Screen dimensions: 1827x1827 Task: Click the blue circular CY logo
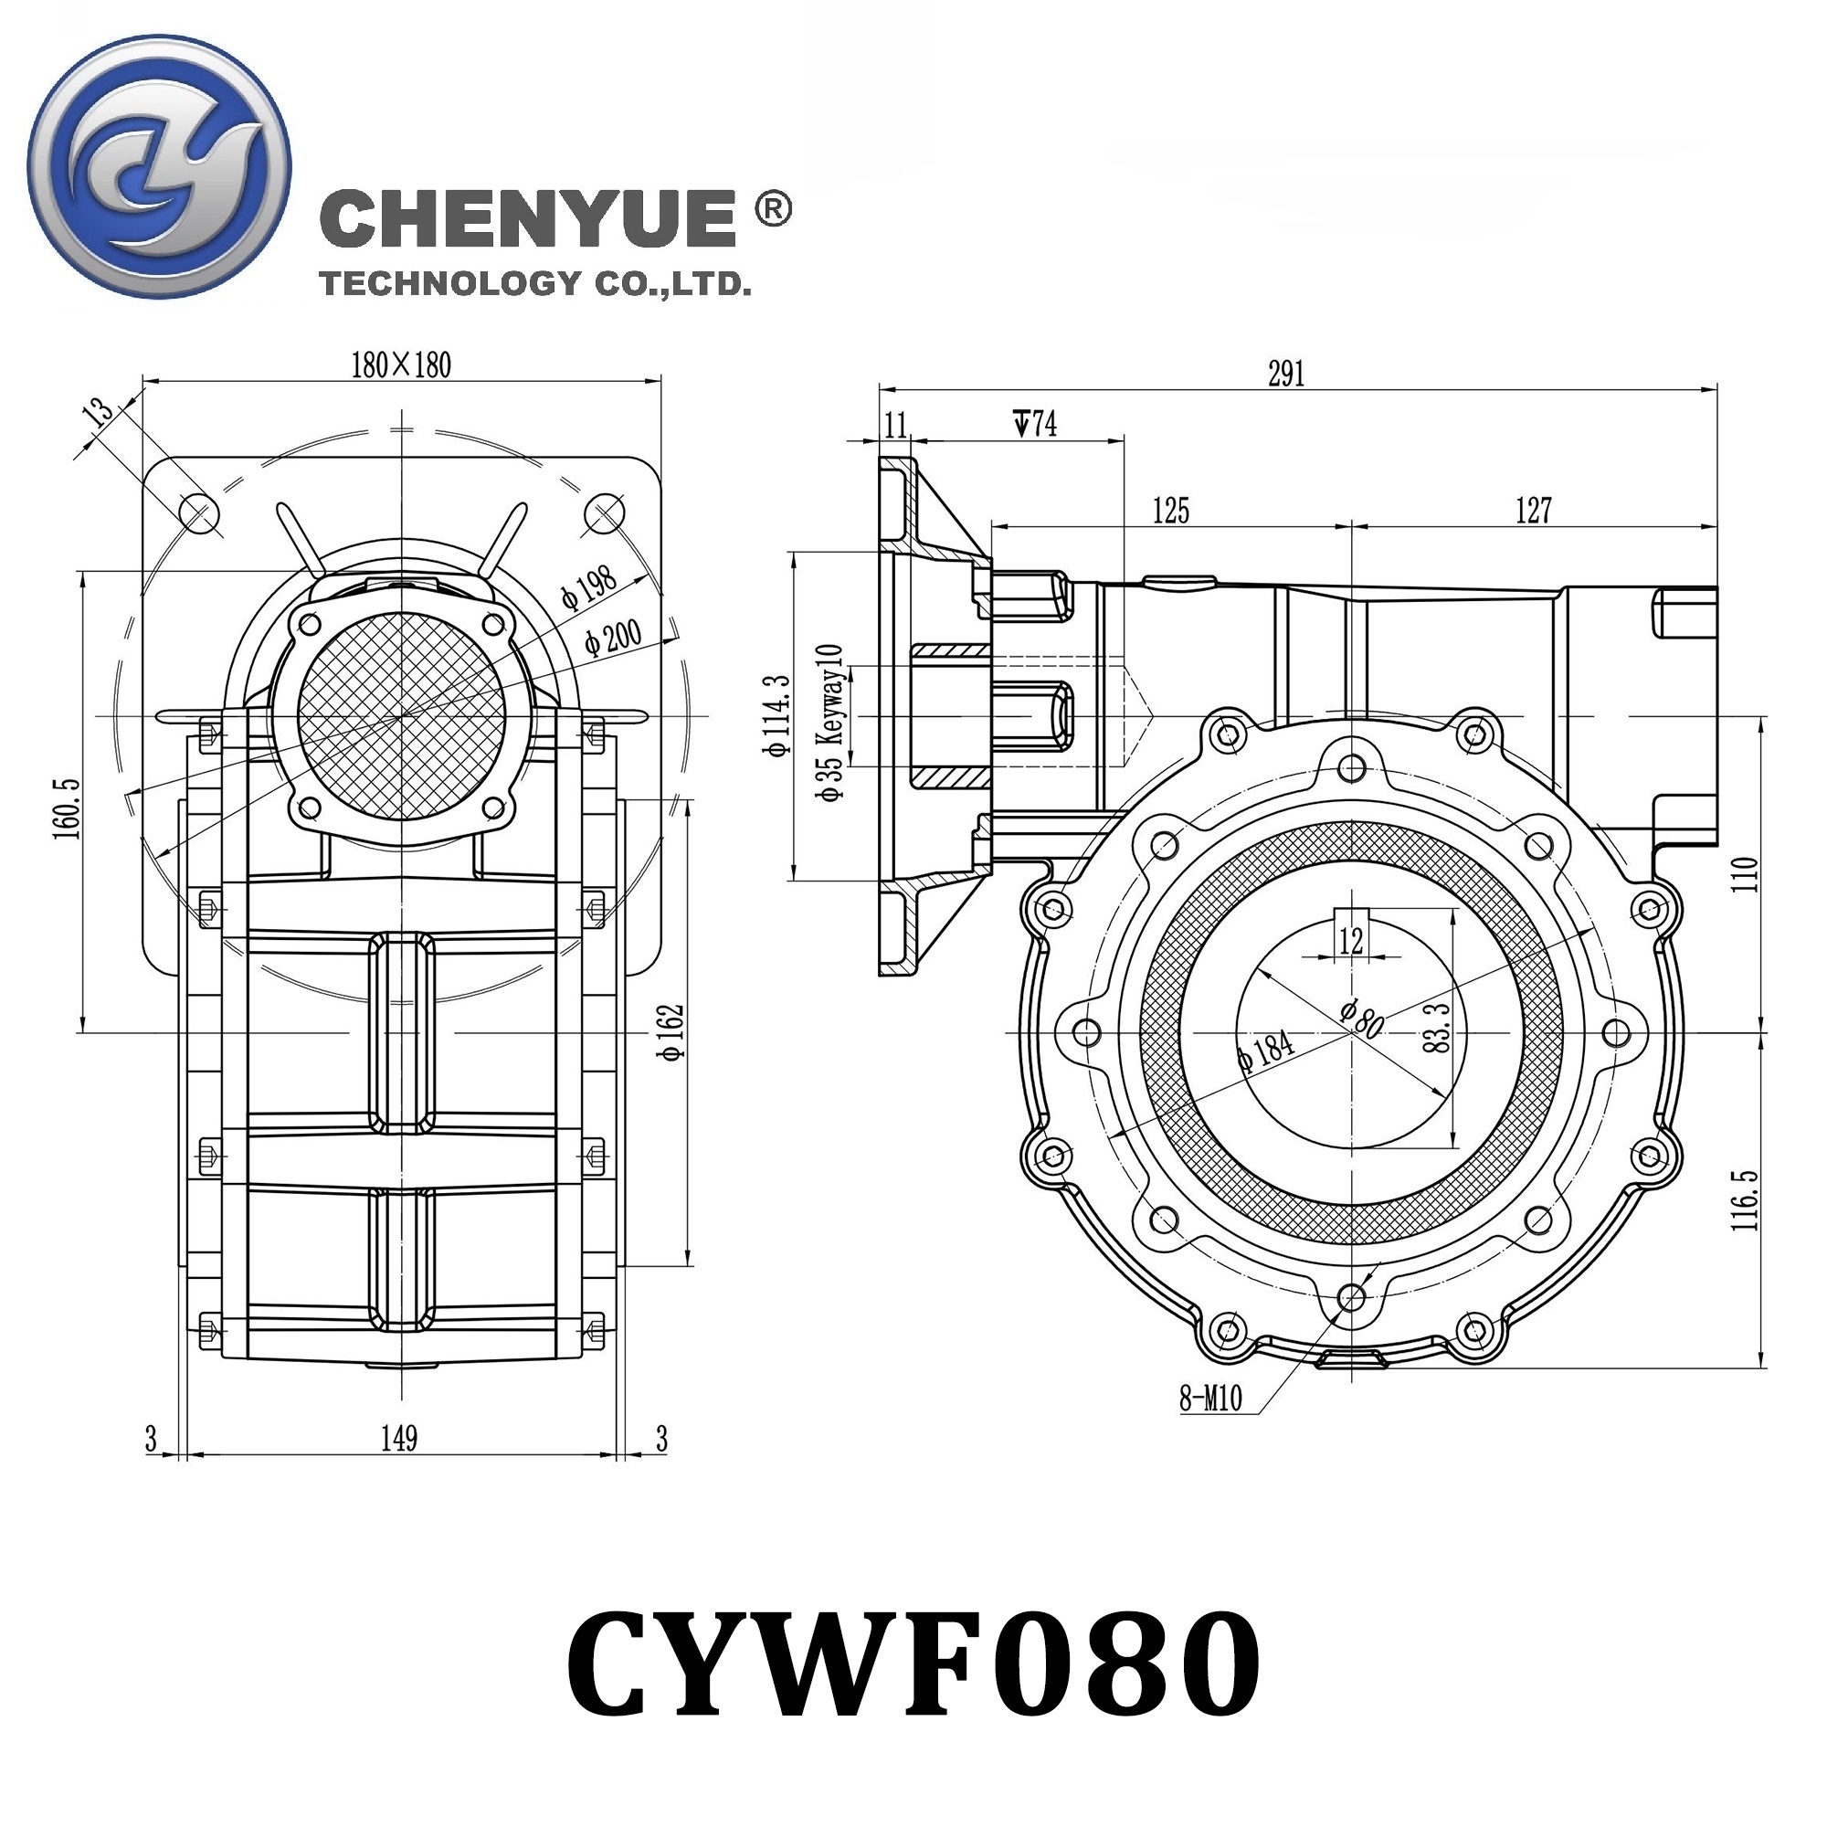point(159,167)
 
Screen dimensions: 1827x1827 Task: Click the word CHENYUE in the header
point(528,218)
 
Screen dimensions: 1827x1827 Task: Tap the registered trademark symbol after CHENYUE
point(774,210)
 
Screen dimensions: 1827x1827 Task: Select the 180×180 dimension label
point(401,365)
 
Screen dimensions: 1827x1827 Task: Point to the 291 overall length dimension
point(1286,374)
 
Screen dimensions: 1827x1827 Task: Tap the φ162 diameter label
point(671,1033)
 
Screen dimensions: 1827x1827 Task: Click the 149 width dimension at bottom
point(399,1440)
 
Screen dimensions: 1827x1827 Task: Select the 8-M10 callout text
point(1210,1399)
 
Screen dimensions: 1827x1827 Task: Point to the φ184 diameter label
point(1266,1051)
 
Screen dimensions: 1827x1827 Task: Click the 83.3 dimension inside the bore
point(1435,1028)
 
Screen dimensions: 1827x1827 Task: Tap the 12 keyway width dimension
point(1351,940)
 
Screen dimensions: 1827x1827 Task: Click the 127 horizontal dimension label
point(1533,511)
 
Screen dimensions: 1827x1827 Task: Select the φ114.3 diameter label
point(777,716)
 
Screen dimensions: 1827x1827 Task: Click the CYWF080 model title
point(913,1664)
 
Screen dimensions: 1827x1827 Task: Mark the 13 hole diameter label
point(99,413)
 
